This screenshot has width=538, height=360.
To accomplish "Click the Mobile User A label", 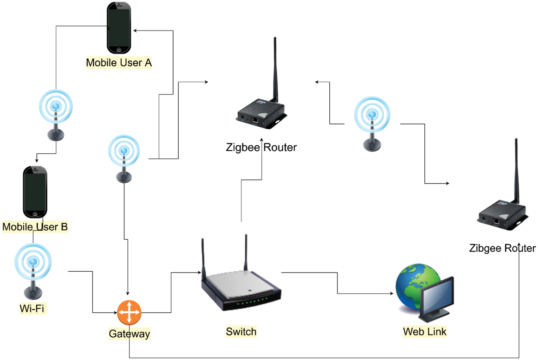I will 119,63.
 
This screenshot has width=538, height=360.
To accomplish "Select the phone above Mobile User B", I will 35,192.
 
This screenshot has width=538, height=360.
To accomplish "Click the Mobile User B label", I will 35,227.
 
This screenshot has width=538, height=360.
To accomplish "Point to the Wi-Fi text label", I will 32,308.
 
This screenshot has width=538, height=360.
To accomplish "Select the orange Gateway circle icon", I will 129,312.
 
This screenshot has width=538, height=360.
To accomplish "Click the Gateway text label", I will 129,334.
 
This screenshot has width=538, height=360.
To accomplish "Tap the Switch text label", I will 241,332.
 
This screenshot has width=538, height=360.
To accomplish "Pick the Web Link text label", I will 425,332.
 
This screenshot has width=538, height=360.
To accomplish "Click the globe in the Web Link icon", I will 412,284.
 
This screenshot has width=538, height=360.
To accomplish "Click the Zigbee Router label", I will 261,147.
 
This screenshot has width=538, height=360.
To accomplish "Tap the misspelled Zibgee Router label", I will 502,248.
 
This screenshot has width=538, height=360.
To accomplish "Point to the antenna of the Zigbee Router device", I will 275,68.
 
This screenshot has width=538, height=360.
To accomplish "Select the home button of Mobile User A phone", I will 119,50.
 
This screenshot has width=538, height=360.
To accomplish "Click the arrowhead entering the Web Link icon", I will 392,294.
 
